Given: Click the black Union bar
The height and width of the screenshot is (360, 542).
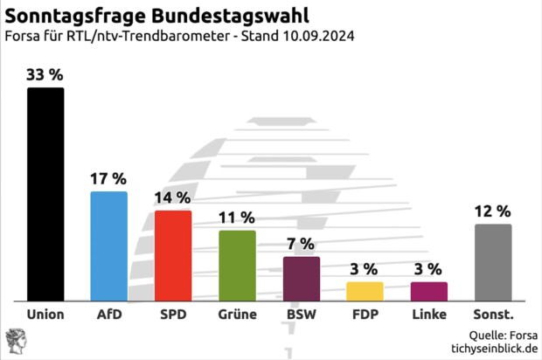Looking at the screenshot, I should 45,194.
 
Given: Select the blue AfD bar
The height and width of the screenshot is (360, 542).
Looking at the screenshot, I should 109,246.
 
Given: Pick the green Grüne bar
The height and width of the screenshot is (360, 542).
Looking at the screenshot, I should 237,265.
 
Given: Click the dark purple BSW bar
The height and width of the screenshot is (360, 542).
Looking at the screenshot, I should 302,278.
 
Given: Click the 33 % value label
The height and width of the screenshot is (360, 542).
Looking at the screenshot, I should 45,74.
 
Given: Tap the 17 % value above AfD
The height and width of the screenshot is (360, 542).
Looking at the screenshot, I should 109,177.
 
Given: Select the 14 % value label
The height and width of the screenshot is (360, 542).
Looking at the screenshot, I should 173,197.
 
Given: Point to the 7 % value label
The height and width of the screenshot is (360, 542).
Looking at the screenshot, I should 302,243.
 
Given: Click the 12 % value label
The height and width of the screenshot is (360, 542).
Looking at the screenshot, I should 493,211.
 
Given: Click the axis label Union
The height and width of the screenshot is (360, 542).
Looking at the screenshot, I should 45,315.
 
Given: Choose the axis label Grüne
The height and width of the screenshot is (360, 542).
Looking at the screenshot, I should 237,315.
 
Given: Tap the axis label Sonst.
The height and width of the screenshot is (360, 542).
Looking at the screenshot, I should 493,315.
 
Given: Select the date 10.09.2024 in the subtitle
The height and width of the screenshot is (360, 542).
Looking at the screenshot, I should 317,37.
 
